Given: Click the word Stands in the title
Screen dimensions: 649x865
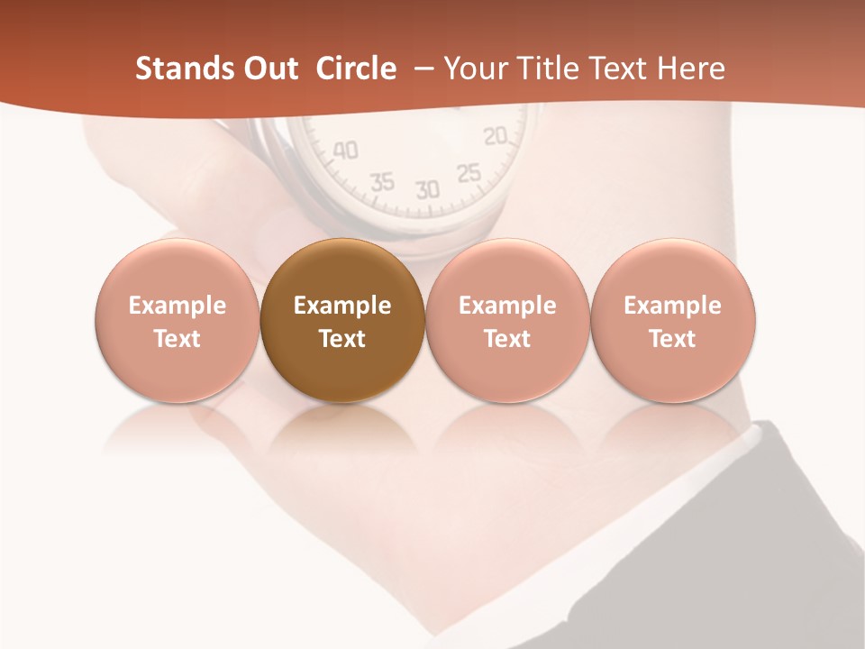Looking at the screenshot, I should click(x=174, y=69).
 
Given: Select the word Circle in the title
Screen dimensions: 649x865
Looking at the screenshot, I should click(x=356, y=69).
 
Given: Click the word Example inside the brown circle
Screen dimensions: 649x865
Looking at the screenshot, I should click(x=342, y=306).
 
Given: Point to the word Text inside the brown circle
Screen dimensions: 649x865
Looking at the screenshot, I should click(x=342, y=339).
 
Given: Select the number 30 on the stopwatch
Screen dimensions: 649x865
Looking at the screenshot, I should click(x=427, y=189).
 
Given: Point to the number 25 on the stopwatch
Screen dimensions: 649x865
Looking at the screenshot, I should click(x=469, y=173).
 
